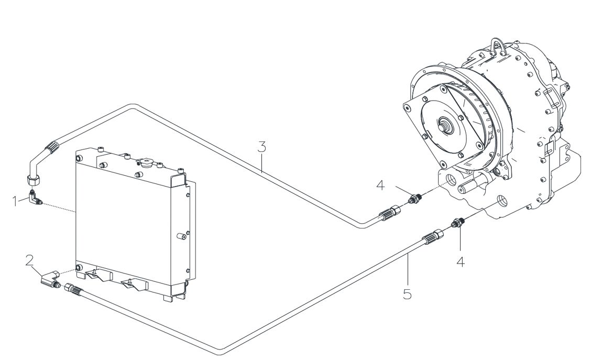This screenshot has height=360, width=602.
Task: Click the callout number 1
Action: click(x=16, y=201)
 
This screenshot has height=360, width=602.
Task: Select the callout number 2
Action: click(x=29, y=260)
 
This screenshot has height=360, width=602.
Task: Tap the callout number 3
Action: click(x=261, y=147)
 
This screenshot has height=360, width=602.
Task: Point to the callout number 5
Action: click(x=407, y=294)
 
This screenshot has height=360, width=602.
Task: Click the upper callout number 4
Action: click(x=380, y=186)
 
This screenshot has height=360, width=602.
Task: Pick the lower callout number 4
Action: click(x=461, y=262)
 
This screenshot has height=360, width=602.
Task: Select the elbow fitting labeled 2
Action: click(x=50, y=279)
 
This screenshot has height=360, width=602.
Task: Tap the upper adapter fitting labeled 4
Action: click(x=415, y=199)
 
